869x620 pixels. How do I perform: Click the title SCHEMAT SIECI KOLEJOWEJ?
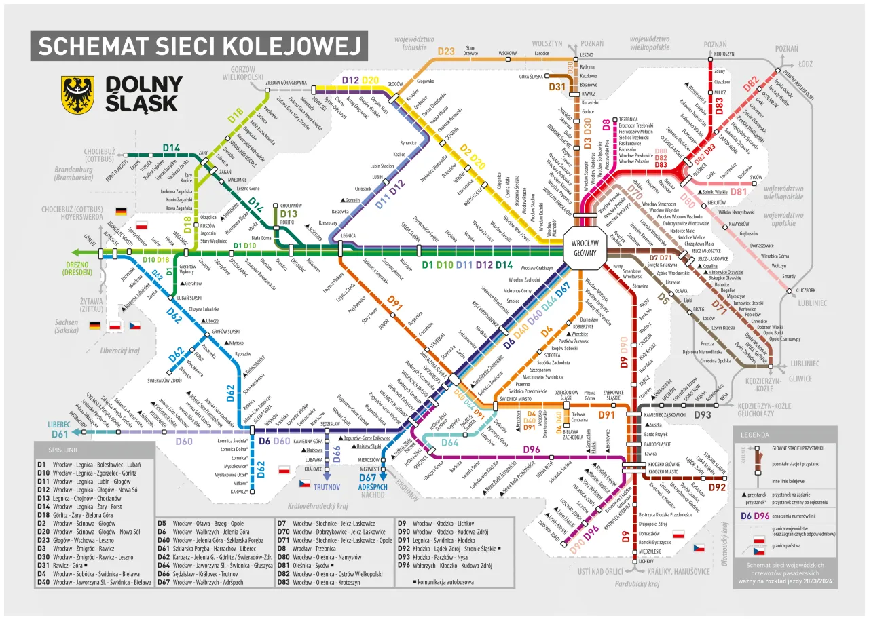tap(199, 45)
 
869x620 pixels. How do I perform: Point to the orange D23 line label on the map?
tap(446, 51)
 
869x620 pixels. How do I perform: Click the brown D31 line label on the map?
tap(557, 87)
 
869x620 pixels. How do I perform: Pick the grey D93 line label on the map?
tap(703, 414)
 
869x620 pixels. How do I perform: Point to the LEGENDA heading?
tap(754, 433)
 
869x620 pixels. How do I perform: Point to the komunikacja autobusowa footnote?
tap(449, 583)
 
